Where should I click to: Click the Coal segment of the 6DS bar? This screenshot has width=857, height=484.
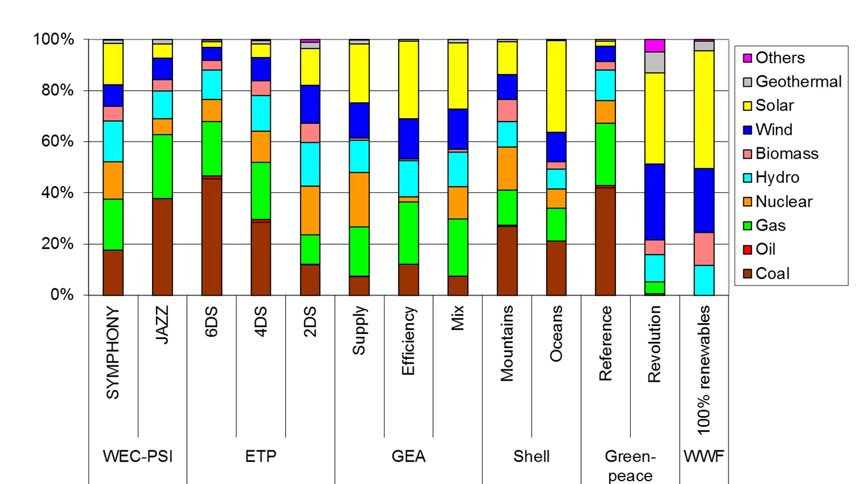click(x=211, y=237)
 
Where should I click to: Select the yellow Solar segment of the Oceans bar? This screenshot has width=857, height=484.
click(x=556, y=86)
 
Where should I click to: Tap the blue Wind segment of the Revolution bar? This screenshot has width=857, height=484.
click(x=654, y=201)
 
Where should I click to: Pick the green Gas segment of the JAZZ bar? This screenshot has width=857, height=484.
click(x=162, y=166)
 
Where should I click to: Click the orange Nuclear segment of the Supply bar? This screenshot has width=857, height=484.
click(x=359, y=199)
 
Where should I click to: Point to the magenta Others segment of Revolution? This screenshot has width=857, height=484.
click(x=654, y=46)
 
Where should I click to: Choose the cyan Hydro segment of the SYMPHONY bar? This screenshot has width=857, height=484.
click(x=113, y=141)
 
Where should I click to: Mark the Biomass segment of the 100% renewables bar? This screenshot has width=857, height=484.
click(x=704, y=249)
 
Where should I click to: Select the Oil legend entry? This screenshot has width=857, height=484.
click(x=765, y=249)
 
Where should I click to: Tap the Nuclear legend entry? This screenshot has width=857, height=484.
click(x=783, y=201)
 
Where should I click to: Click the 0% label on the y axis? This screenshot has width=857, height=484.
click(x=62, y=295)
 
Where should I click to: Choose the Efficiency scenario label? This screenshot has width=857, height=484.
click(x=409, y=341)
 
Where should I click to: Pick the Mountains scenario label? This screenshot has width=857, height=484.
click(x=507, y=343)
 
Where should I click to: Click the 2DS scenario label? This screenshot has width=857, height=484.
click(x=310, y=321)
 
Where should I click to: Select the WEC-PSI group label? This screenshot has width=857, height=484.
click(x=138, y=456)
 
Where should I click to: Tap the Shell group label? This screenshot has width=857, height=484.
click(x=531, y=456)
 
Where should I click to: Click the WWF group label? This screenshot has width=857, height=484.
click(x=704, y=456)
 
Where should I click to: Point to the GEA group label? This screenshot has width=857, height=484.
click(x=409, y=456)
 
